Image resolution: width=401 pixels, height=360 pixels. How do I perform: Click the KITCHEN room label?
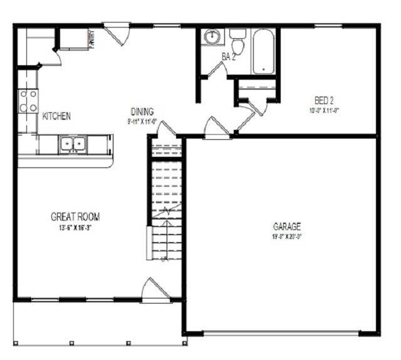(56, 116)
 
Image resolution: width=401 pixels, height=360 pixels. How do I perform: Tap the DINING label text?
(142, 112)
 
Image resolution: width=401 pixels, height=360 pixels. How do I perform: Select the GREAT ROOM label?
(75, 216)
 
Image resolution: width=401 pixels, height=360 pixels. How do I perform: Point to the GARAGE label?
(287, 226)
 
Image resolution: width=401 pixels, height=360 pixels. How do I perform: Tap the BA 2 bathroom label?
(229, 57)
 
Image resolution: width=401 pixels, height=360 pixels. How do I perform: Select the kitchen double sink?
(72, 144)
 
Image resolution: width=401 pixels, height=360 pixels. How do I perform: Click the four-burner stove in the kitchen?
(28, 101)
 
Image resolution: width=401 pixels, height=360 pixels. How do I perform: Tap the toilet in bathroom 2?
(237, 43)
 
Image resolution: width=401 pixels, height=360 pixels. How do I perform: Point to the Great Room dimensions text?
(75, 228)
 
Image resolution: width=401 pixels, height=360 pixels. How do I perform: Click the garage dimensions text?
(287, 237)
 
